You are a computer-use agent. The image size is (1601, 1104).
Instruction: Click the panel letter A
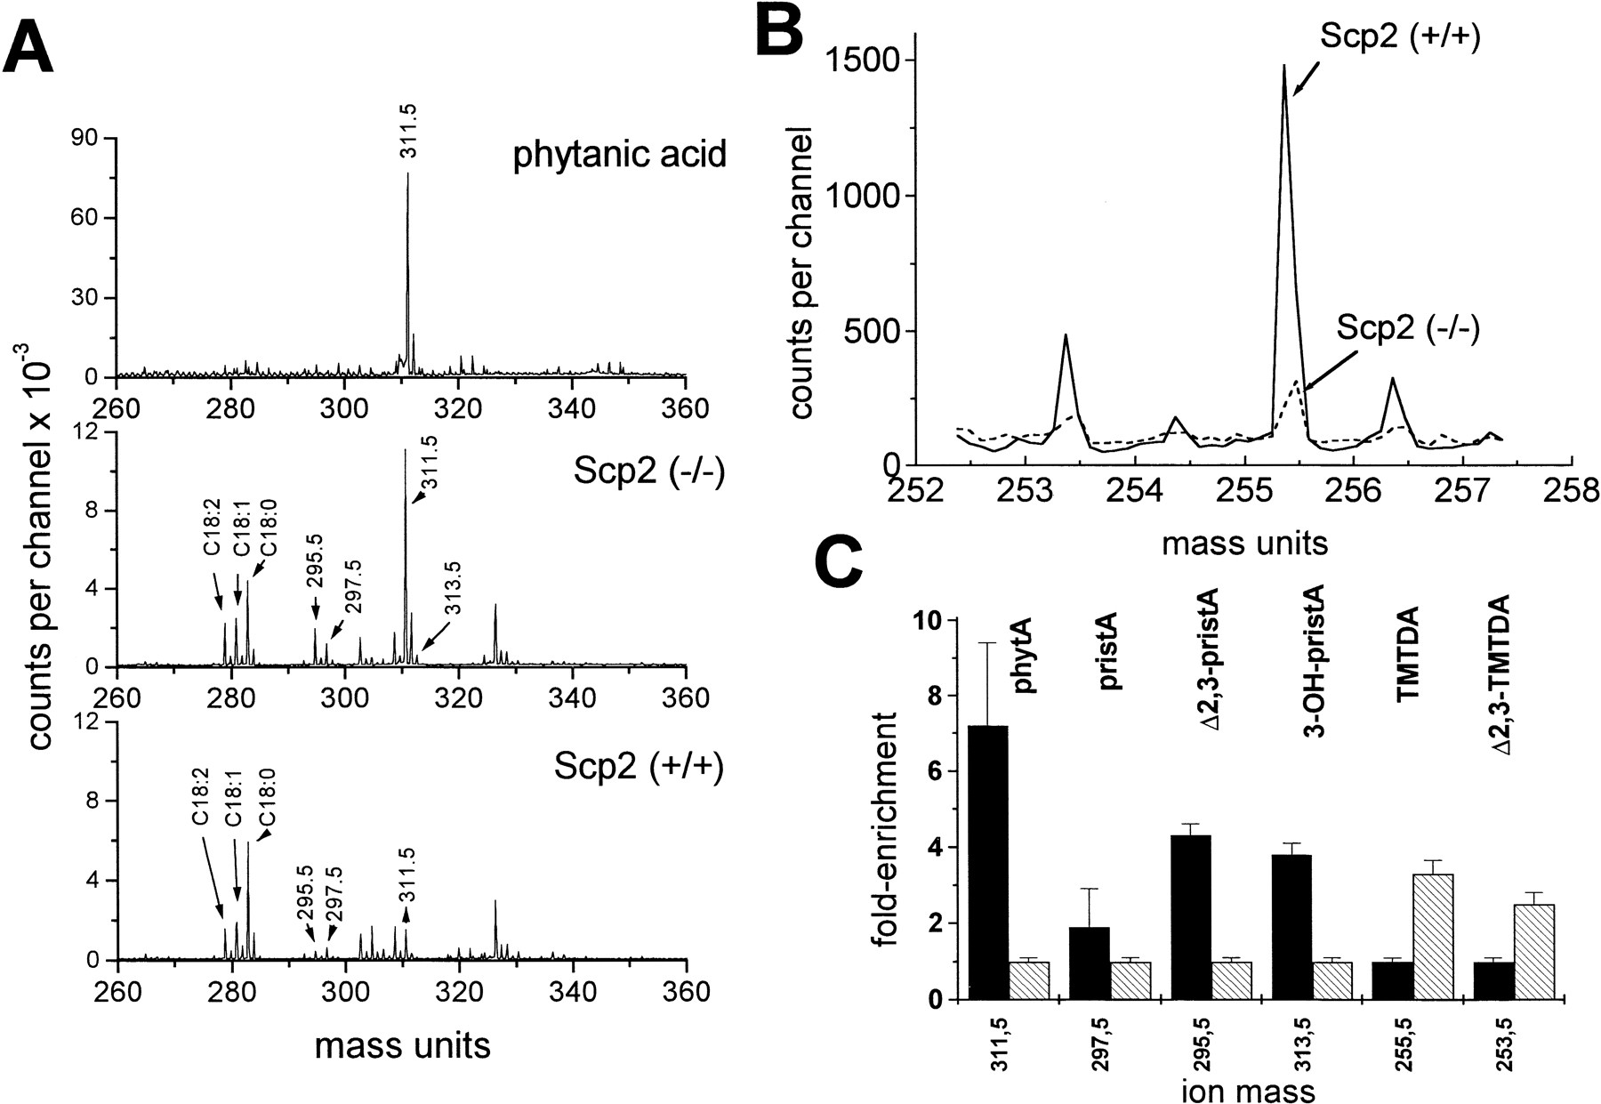pos(29,42)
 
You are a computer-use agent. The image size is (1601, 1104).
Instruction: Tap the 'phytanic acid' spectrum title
pos(619,154)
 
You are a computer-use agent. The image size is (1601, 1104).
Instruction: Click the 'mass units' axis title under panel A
pos(402,1045)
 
